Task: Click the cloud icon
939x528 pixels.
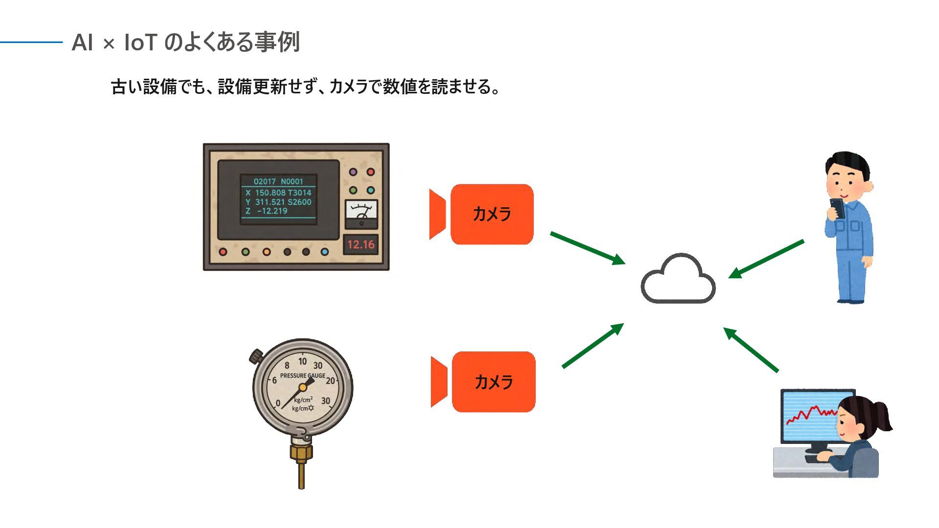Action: point(678,279)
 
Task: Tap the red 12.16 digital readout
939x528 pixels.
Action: point(360,244)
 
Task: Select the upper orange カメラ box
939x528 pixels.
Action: point(492,214)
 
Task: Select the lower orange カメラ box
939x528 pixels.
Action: point(493,382)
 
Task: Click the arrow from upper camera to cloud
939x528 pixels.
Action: point(587,248)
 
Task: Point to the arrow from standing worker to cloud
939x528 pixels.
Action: point(766,259)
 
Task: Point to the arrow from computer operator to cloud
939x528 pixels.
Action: point(751,350)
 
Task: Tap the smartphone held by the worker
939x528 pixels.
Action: point(837,207)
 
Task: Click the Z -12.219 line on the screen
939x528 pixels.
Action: point(267,211)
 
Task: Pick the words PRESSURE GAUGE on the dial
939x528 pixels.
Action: point(302,375)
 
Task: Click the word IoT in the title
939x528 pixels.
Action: point(140,43)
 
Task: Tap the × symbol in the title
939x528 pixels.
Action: point(109,44)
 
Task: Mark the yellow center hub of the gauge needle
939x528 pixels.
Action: point(303,387)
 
